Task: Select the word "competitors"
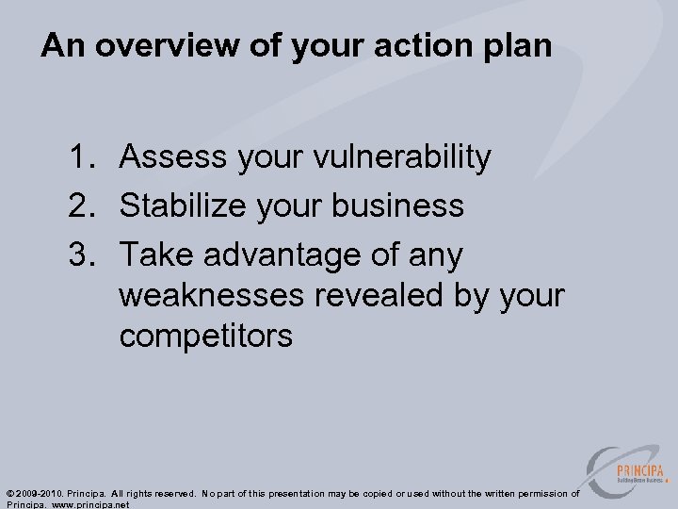tap(205, 337)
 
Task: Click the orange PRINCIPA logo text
tap(639, 470)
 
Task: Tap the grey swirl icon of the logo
tap(603, 468)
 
